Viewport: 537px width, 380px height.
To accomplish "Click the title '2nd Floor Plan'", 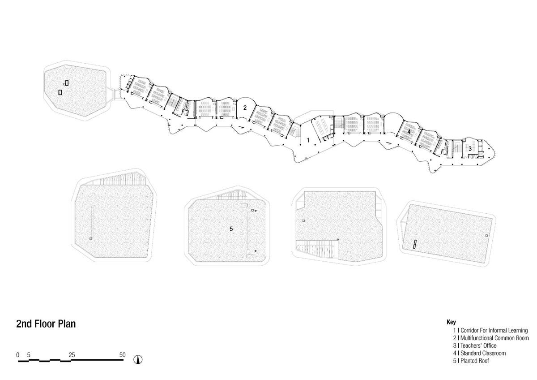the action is (x=46, y=324).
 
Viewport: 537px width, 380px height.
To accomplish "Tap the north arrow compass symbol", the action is (x=138, y=359).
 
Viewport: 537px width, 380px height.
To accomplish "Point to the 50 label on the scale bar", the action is (x=122, y=355).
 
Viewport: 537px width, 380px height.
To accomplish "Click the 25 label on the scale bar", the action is (x=72, y=355).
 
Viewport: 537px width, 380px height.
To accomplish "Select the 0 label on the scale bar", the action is (x=18, y=355).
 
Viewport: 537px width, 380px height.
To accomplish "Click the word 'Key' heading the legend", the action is (x=451, y=322).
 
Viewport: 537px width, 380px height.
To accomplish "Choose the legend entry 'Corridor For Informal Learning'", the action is (x=494, y=331).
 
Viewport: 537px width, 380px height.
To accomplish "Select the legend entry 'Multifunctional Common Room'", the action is (x=494, y=338).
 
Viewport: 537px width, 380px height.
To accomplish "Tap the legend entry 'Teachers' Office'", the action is (x=478, y=345).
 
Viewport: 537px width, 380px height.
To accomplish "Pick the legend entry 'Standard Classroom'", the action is (x=483, y=353).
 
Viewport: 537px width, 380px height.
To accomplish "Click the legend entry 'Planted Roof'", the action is (x=475, y=361).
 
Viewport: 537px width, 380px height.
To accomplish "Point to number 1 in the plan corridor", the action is (x=308, y=140).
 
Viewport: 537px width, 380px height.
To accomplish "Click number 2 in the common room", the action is (x=245, y=108).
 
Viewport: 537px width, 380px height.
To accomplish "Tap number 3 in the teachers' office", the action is (x=470, y=149).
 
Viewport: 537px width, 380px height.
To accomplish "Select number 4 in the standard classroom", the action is (x=409, y=132).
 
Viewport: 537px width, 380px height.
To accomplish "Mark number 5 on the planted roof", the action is (x=231, y=229).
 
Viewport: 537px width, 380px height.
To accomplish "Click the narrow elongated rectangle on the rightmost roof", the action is (x=414, y=244).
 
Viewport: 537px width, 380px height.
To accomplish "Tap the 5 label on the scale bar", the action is (x=29, y=355).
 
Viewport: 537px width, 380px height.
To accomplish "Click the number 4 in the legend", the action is (x=455, y=353).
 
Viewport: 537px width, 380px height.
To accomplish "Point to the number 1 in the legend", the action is (x=455, y=331).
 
